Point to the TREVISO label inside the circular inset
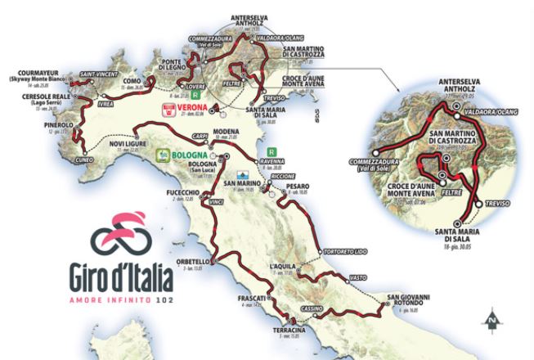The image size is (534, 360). (x=497, y=202)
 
